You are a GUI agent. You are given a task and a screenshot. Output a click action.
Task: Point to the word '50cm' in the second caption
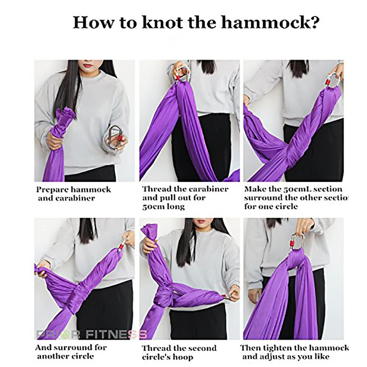(151, 207)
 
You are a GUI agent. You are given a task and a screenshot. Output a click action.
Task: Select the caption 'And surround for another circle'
(70, 351)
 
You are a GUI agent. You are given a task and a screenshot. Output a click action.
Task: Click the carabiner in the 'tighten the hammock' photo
(298, 242)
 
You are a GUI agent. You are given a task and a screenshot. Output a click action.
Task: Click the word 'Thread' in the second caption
(157, 189)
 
